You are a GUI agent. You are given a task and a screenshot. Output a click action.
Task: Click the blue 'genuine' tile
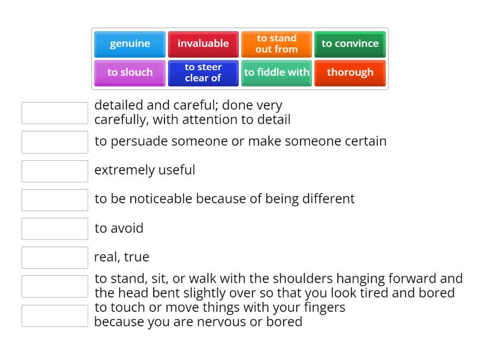pos(130,44)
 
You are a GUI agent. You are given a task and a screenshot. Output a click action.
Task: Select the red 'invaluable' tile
pos(203,44)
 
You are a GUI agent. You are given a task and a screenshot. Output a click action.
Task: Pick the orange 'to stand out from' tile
pos(277,44)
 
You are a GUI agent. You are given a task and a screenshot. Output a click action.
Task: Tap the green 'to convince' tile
pos(350,44)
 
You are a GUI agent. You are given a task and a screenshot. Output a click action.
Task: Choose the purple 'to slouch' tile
pos(130,73)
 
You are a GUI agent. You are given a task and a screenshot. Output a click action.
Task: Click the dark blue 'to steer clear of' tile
pos(203,73)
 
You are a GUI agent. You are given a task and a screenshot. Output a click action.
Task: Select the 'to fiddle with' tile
pos(277,73)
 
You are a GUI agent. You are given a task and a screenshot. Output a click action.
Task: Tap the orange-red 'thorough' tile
pos(350,73)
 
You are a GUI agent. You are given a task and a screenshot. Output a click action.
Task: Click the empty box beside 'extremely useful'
pos(55,171)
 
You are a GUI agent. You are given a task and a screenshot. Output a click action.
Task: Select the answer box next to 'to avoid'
pos(55,229)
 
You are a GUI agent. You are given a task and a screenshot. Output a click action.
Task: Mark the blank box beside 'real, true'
pos(55,257)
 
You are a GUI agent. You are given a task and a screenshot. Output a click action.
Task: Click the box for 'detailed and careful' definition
pos(55,113)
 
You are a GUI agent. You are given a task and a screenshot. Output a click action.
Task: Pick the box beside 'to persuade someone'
pos(55,142)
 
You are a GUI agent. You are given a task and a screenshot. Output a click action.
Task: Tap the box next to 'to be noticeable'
pos(55,200)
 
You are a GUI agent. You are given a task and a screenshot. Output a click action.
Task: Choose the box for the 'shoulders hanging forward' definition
pos(55,286)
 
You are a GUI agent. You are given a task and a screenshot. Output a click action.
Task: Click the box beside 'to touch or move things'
pos(55,316)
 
